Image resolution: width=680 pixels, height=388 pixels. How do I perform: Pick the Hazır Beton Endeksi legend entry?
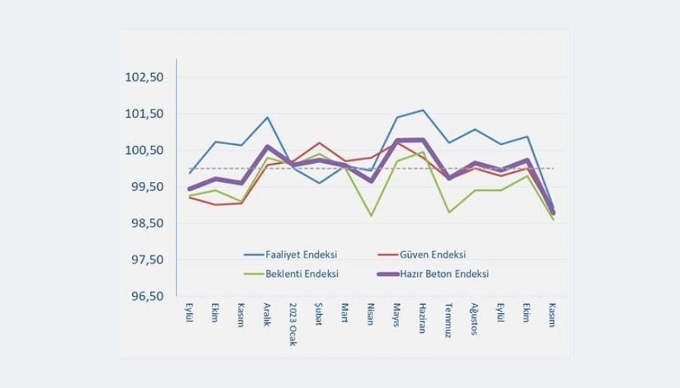450,273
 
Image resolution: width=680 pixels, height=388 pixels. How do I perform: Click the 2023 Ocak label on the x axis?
293,324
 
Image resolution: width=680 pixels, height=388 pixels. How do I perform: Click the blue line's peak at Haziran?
423,110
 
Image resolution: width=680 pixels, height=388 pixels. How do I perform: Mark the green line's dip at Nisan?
371,216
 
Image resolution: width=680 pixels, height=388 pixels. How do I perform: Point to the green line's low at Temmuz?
449,212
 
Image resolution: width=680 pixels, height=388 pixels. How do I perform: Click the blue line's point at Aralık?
267,117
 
